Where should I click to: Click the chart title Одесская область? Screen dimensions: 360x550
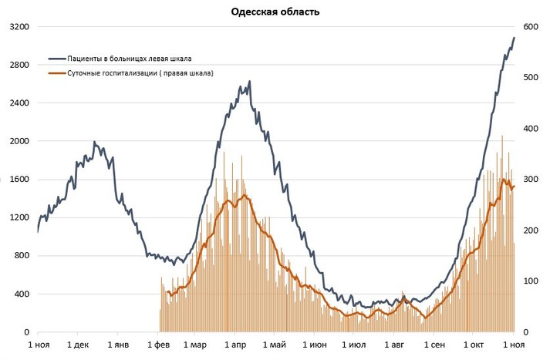(275, 12)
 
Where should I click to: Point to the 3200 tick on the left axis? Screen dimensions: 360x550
(19, 27)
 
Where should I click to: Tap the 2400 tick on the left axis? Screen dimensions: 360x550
(19, 103)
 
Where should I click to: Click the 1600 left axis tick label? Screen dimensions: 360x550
(19, 180)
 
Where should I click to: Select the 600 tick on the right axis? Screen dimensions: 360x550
(531, 27)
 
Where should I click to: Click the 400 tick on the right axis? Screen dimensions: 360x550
(531, 129)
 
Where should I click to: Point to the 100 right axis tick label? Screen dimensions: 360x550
(531, 281)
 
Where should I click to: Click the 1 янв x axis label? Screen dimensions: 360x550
(118, 345)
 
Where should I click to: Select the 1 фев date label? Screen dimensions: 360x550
(158, 345)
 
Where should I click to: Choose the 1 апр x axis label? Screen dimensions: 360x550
(235, 345)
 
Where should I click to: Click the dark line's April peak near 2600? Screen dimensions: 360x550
(249, 81)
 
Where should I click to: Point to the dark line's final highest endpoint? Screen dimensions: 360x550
(515, 38)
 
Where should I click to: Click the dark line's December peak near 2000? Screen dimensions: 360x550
(94, 142)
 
